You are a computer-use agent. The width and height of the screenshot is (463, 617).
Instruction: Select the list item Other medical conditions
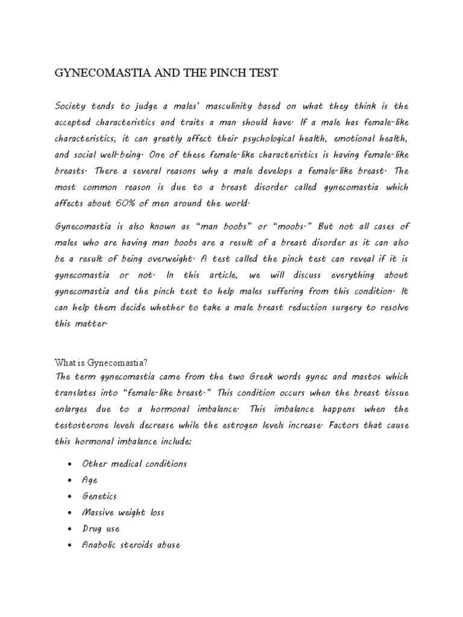click(x=134, y=464)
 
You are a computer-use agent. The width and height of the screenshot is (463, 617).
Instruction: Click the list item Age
click(x=89, y=480)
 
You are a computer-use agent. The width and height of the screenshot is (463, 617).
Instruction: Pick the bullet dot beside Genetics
click(x=71, y=497)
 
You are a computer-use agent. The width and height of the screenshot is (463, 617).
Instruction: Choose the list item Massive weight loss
click(x=123, y=513)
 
